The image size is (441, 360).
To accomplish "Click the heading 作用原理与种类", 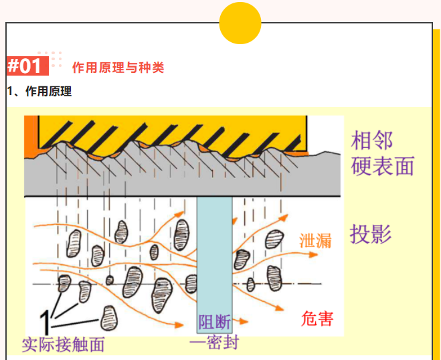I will (118, 68).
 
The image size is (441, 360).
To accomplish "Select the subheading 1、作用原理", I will (39, 92).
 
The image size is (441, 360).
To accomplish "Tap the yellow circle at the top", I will (240, 23).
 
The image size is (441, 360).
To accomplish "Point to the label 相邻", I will (372, 141).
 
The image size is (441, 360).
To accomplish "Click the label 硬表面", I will (383, 166).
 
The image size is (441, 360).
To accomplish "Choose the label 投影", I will (370, 234).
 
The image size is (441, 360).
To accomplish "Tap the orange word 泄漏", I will (315, 241).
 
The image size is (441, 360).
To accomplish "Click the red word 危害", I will (317, 318).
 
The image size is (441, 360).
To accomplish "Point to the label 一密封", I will (214, 343).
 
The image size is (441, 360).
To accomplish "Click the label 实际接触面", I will (64, 345).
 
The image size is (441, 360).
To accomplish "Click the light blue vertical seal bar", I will (214, 254).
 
